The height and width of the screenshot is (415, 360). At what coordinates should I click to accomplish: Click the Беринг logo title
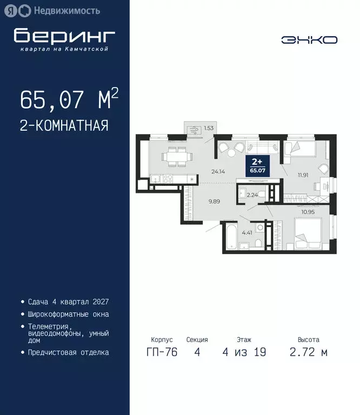(64, 36)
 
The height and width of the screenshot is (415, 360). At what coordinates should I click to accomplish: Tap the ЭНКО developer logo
(309, 39)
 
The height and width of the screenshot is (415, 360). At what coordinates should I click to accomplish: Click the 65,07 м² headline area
(69, 99)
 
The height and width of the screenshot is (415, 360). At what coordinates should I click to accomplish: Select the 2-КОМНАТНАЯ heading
(64, 126)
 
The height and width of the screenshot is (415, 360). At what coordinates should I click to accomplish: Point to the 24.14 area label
(218, 172)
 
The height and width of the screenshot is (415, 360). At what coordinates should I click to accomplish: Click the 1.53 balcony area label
(209, 129)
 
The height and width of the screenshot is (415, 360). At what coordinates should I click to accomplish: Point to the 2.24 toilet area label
(251, 196)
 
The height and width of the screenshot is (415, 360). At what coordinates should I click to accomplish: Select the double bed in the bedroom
(308, 233)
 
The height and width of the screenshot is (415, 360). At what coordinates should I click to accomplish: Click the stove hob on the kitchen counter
(167, 178)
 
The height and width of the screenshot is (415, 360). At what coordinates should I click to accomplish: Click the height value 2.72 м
(309, 352)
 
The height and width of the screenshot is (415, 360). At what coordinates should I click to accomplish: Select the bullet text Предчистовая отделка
(68, 352)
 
